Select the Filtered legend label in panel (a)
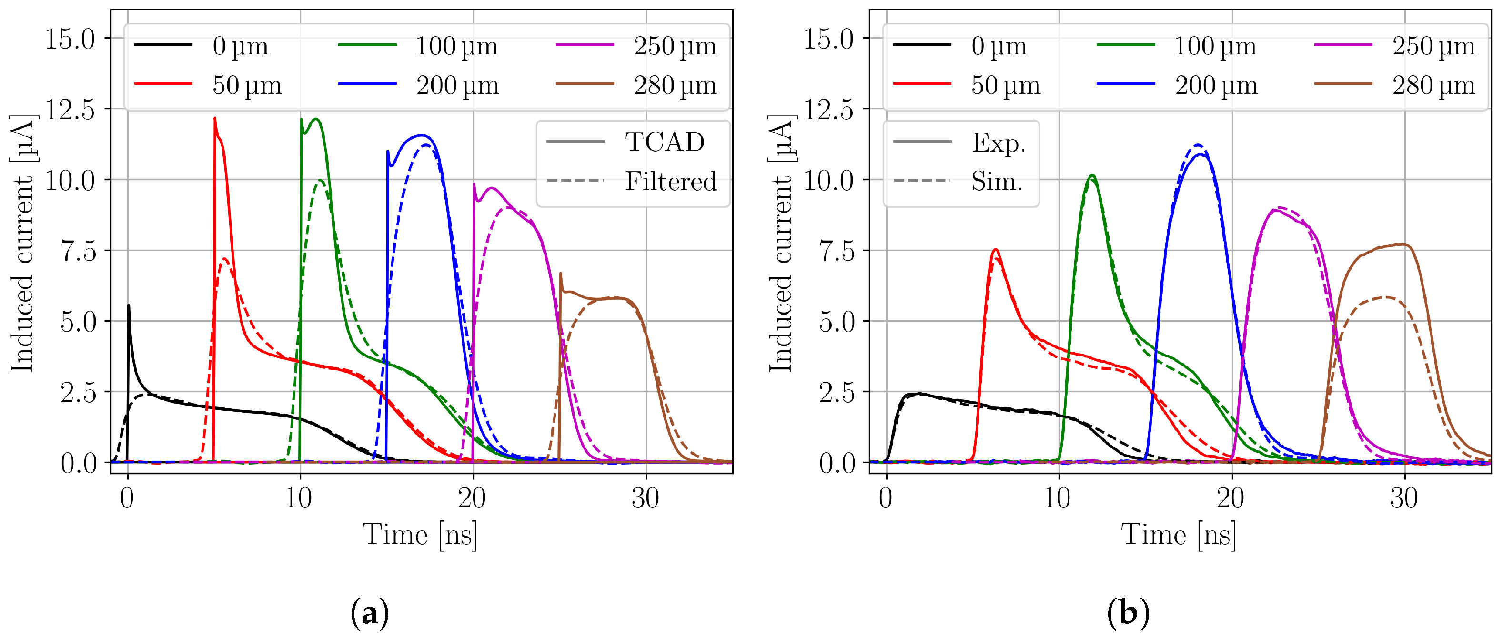[x=670, y=182]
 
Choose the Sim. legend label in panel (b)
[x=997, y=182]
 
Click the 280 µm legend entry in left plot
[x=675, y=85]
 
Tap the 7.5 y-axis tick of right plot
[x=837, y=251]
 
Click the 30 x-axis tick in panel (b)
[x=1403, y=498]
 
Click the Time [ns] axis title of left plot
[x=420, y=534]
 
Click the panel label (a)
[x=369, y=613]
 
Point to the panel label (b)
[x=1127, y=613]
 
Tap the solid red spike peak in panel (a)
[x=215, y=119]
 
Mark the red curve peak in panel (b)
[x=995, y=250]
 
